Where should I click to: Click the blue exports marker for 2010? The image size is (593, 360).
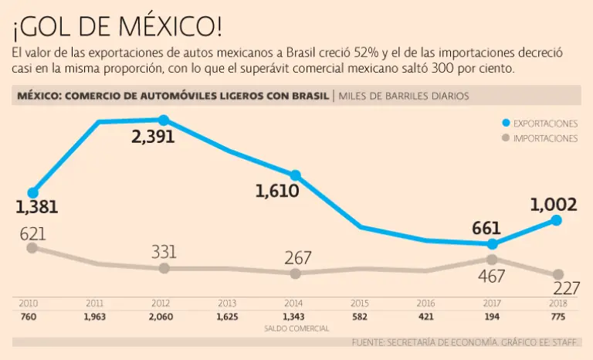(x=32, y=192)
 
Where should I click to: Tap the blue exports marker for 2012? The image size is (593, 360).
(x=164, y=120)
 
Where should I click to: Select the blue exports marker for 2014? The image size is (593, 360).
(x=295, y=175)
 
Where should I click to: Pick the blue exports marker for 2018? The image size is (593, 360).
(x=557, y=220)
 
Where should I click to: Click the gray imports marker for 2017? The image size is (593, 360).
(x=492, y=260)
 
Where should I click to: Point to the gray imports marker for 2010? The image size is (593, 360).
(x=32, y=248)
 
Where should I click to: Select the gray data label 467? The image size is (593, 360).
(x=491, y=276)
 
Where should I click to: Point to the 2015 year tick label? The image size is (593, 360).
(x=360, y=304)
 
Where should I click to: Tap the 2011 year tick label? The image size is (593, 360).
(x=96, y=304)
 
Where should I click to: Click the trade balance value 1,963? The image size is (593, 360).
(x=96, y=318)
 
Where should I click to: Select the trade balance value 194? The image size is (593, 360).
(x=492, y=318)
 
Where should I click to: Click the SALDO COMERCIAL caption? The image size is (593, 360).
(x=296, y=328)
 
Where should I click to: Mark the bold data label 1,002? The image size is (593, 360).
(x=554, y=205)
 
